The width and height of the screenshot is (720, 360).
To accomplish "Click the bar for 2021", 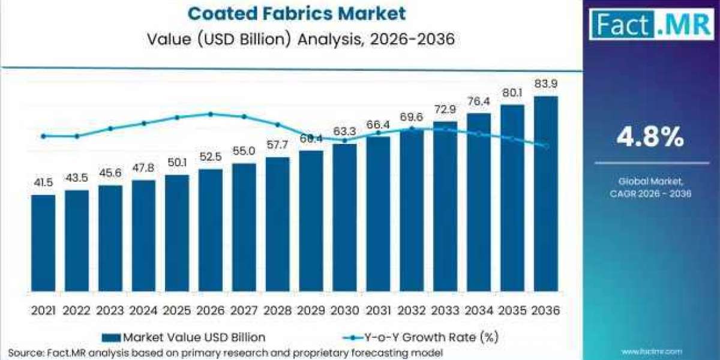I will point(43,243).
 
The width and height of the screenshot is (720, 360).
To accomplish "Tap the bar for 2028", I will point(278,224).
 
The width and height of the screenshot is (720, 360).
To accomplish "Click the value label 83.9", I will point(545,84).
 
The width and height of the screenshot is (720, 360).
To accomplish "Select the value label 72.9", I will point(445,110).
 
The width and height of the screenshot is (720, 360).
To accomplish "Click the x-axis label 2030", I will point(344,310).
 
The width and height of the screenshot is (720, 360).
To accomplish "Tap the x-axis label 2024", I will point(143,310).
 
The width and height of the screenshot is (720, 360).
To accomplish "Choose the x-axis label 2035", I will point(512,310).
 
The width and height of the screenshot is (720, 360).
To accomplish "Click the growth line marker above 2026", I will point(211,114).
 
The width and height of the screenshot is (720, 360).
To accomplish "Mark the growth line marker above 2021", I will point(43,136).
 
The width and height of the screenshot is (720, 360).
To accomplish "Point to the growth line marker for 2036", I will point(545,146).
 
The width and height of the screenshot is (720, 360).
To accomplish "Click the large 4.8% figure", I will point(650,139).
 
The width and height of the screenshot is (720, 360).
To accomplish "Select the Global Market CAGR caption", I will point(650,187).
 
